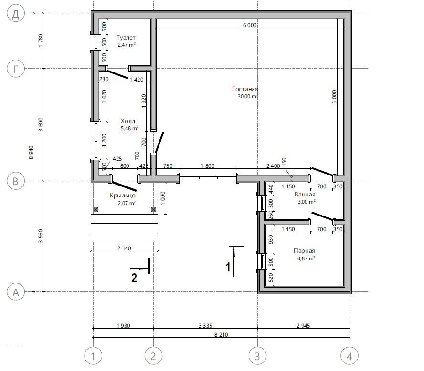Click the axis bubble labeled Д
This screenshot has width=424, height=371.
pyautogui.click(x=16, y=13)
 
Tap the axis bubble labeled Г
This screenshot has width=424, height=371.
pyautogui.click(x=16, y=69)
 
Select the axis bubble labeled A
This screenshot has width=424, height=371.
pyautogui.click(x=16, y=292)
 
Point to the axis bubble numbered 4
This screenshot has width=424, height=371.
pyautogui.click(x=350, y=356)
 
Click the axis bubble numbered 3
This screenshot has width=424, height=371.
pyautogui.click(x=257, y=356)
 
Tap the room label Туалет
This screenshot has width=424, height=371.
pyautogui.click(x=126, y=38)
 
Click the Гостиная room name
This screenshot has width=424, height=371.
pyautogui.click(x=245, y=89)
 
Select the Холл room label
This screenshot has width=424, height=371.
pyautogui.click(x=127, y=121)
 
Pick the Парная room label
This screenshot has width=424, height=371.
pyautogui.click(x=304, y=251)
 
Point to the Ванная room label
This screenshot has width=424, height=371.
pyautogui.click(x=305, y=195)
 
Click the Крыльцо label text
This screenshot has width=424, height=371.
pyautogui.click(x=123, y=196)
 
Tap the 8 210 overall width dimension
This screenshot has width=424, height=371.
pyautogui.click(x=221, y=335)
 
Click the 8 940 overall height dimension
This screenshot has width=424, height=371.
pyautogui.click(x=31, y=153)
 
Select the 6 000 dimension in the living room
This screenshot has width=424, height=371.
pyautogui.click(x=250, y=25)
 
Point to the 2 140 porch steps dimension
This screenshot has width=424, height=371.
pyautogui.click(x=124, y=248)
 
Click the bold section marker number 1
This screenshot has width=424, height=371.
pyautogui.click(x=228, y=267)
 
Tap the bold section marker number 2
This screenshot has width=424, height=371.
pyautogui.click(x=134, y=278)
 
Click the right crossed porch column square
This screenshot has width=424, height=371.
pyautogui.click(x=153, y=209)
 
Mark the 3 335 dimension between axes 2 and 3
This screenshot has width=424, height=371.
pyautogui.click(x=205, y=326)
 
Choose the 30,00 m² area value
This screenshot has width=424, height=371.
pyautogui.click(x=248, y=96)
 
